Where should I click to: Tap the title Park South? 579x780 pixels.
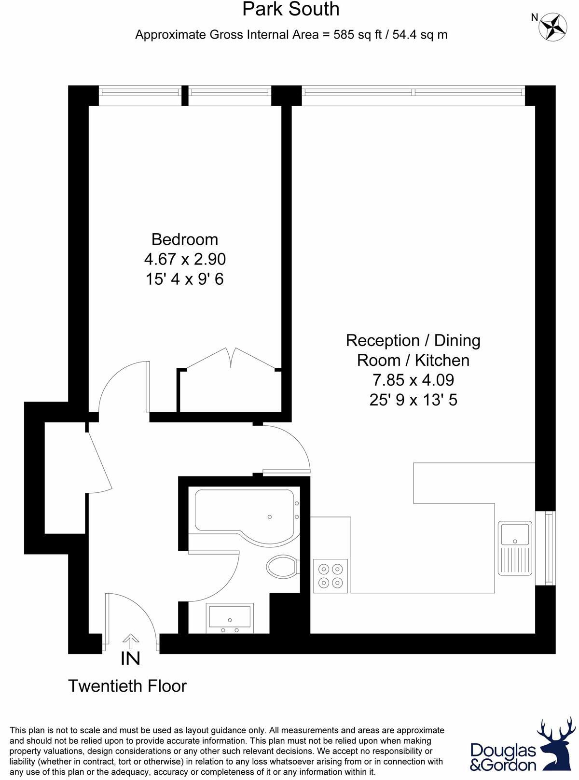point(290,9)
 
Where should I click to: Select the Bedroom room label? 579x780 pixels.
point(184,239)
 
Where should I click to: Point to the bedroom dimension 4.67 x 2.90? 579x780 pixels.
point(185,259)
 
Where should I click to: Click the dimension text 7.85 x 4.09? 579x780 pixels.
point(413,380)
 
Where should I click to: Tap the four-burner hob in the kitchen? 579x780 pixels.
point(331,575)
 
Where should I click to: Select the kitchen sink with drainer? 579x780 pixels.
point(515,548)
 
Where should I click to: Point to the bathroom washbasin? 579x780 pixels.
point(230,617)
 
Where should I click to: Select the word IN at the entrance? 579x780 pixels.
point(130,658)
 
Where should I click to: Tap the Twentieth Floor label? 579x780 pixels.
point(127,686)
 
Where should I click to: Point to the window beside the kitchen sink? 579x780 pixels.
point(548,548)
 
